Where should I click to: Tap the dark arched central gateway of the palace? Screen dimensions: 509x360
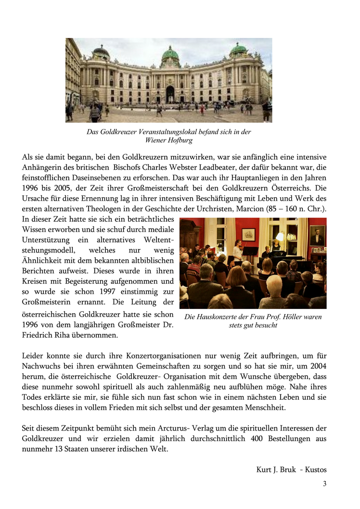tap(170, 94)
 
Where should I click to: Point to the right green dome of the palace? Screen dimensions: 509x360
tap(238, 50)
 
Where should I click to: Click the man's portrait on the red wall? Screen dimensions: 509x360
tap(317, 235)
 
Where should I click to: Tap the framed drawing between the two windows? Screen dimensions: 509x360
tap(248, 234)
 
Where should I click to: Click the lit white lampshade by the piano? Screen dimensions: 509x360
tap(280, 235)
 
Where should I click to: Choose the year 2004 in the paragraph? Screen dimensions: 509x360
tap(318, 367)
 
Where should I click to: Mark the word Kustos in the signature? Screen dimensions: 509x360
tap(315, 470)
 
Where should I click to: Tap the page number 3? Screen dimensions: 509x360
tap(324, 484)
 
